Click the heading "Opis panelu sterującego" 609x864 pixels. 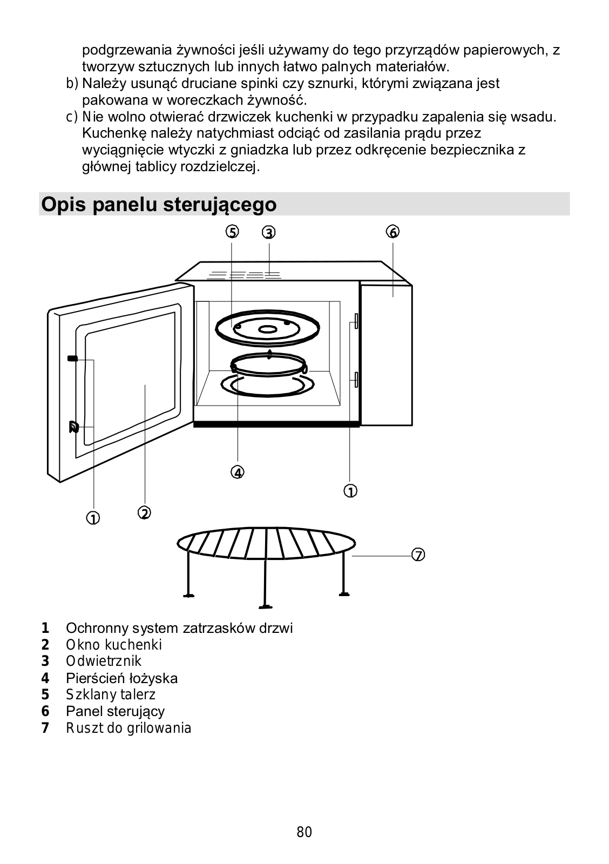[159, 204]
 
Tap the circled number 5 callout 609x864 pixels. [232, 232]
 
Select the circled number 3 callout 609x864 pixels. [268, 232]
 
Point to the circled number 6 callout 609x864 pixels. [393, 232]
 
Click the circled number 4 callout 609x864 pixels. [238, 472]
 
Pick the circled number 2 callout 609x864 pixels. [144, 512]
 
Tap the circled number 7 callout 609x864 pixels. [418, 555]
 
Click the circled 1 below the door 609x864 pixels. [93, 518]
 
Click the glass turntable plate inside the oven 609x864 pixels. [267, 329]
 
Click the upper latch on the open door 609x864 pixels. [72, 358]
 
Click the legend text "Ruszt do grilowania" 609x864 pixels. [128, 728]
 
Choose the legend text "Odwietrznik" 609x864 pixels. [104, 661]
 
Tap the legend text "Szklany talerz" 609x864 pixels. [110, 694]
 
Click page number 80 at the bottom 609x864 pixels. [304, 832]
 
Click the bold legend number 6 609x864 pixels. [45, 711]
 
